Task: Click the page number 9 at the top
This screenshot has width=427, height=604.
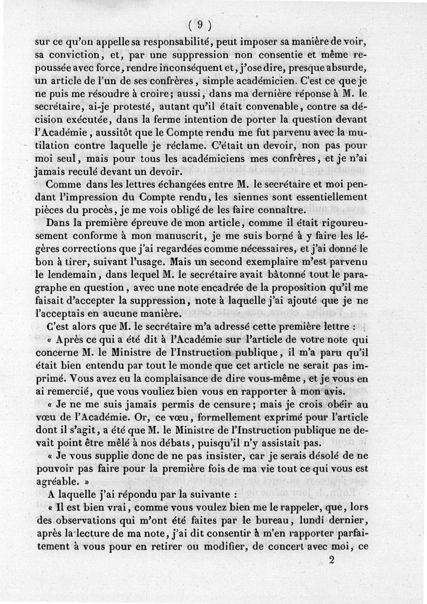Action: click(200, 24)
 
